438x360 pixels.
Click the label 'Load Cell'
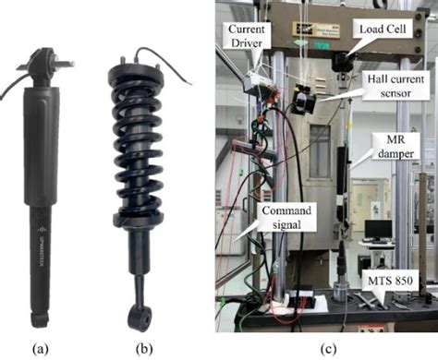pyautogui.click(x=379, y=29)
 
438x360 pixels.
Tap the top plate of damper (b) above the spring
pyautogui.click(x=138, y=70)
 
